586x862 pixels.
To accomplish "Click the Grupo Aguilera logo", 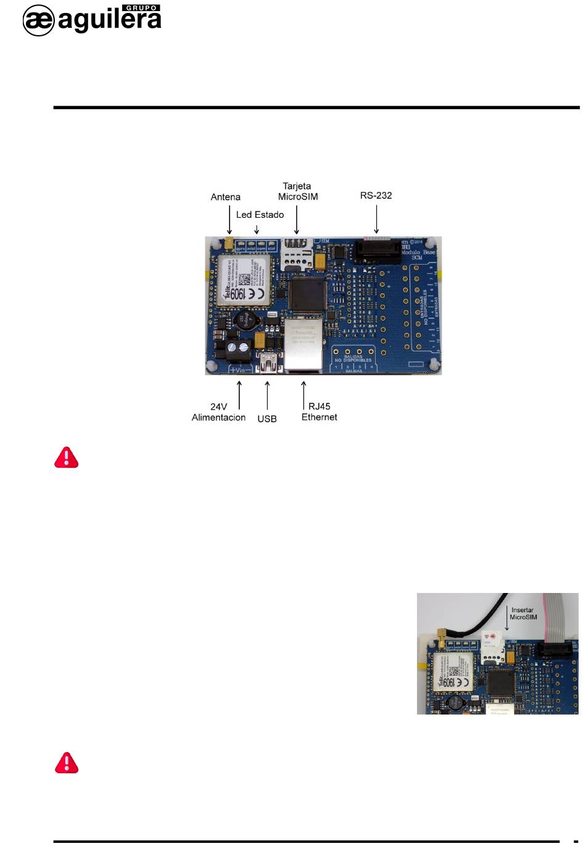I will (92, 20).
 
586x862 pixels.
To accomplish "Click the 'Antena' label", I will (226, 197).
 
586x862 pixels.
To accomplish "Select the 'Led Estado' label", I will (260, 215).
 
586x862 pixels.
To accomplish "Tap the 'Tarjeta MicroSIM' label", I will (298, 191).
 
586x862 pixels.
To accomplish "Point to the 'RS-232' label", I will (376, 196).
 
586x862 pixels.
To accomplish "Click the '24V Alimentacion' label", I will (218, 412).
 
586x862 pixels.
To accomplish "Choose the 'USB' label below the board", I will (267, 419).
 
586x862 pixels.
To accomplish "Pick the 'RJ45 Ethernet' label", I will (320, 412).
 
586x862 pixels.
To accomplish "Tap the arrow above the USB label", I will (267, 396).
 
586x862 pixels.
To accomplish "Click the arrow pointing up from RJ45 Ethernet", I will (303, 396).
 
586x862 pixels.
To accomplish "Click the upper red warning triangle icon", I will (67, 457).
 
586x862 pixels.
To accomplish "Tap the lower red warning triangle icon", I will (67, 763).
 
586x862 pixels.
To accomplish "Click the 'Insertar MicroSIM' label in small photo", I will (523, 613).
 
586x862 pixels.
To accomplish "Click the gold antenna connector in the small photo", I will (442, 636).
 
